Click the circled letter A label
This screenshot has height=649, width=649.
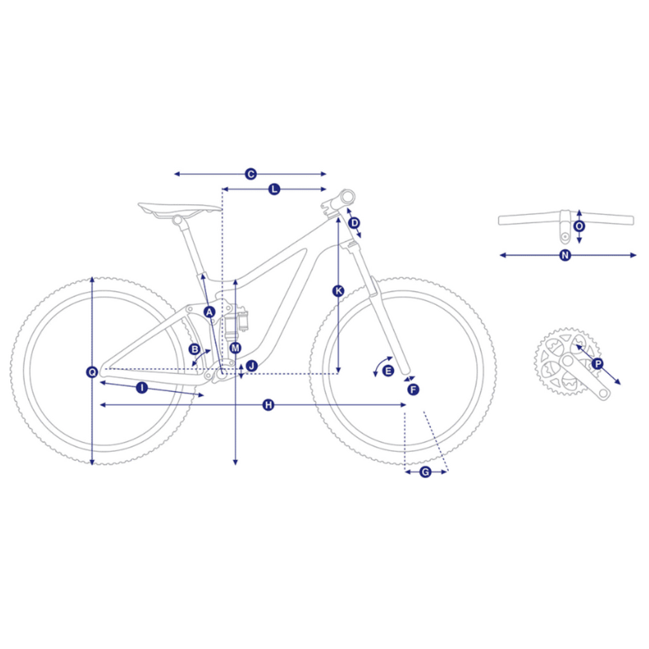coord(209,312)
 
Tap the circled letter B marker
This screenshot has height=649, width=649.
coord(194,349)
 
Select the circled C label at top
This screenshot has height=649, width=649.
coord(250,174)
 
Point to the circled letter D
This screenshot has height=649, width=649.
coord(354,223)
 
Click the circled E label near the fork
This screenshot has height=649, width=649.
coord(388,371)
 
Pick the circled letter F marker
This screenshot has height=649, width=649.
coord(413,390)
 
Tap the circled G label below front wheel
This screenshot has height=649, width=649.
coord(425,472)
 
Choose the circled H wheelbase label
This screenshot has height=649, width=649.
coord(268,405)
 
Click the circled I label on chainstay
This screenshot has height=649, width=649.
coord(142,388)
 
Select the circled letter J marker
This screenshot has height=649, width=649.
coord(252,366)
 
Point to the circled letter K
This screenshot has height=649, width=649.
coord(338,291)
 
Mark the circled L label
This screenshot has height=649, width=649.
coord(274,189)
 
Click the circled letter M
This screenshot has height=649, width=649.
coord(236,348)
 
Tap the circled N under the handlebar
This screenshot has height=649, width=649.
coord(565,255)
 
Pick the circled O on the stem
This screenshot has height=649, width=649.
coord(579,226)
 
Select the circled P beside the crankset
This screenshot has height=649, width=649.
coord(597,364)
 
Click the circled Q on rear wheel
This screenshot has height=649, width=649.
coord(92,371)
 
